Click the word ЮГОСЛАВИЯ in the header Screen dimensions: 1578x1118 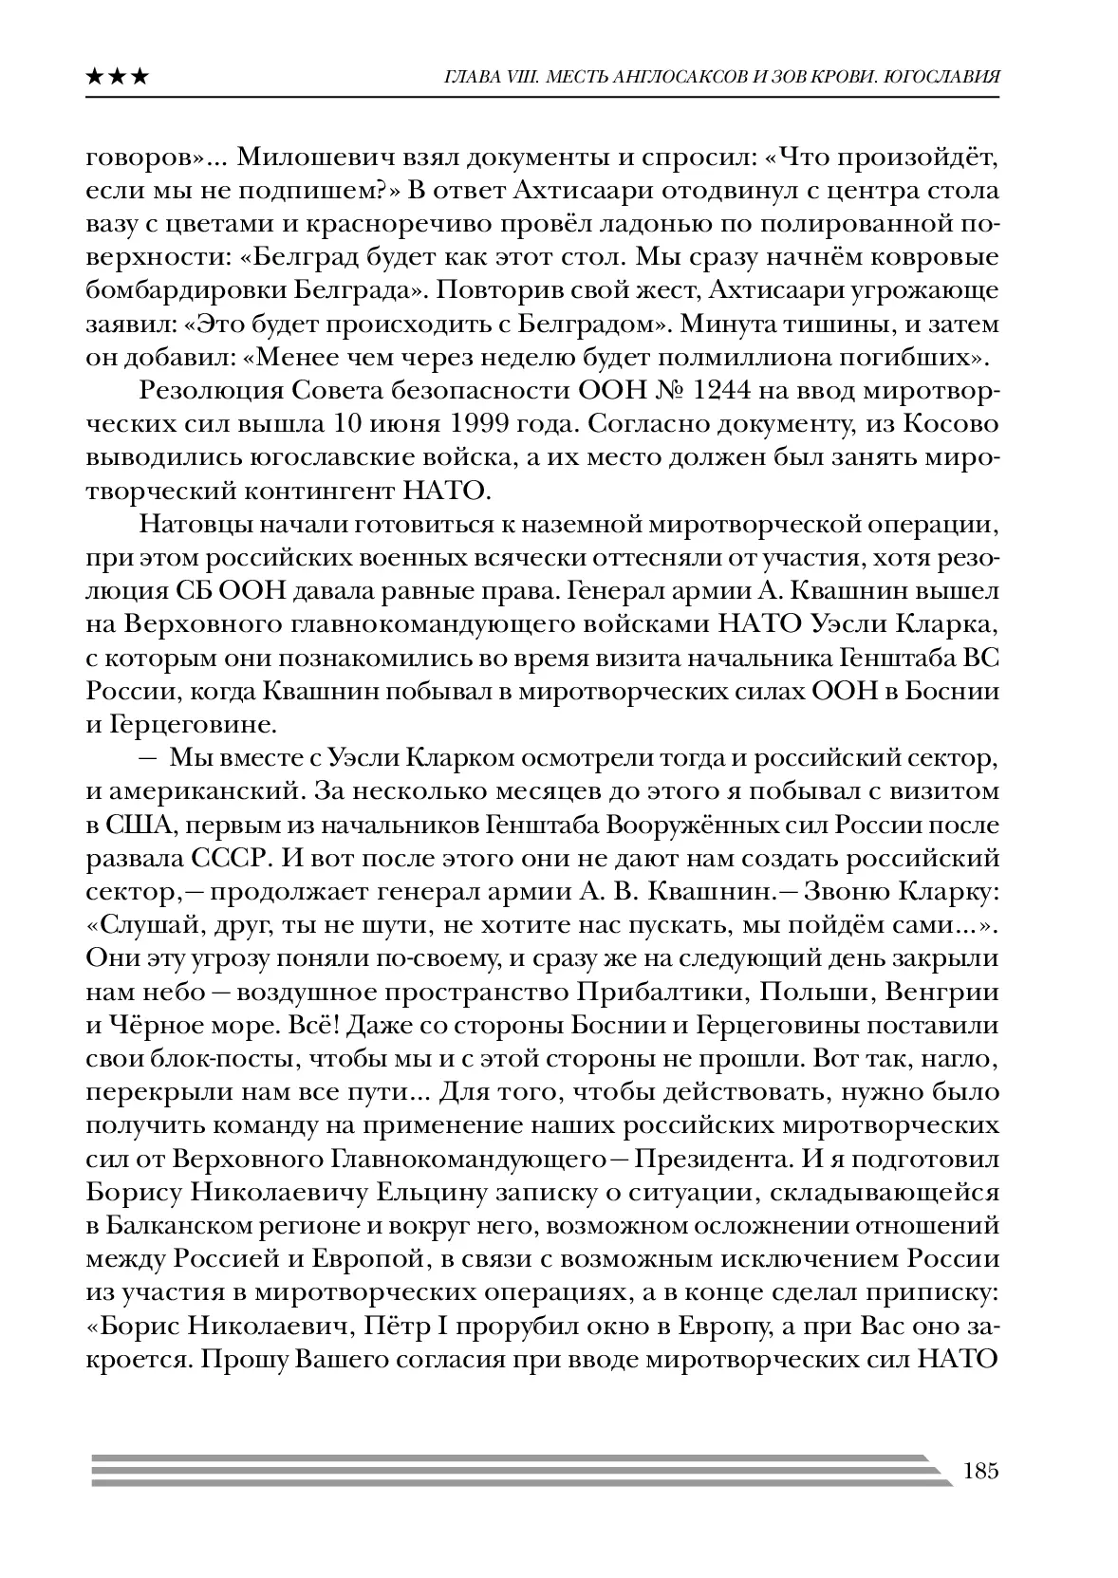click(x=940, y=77)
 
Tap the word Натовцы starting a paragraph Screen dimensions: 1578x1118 click(x=193, y=523)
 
